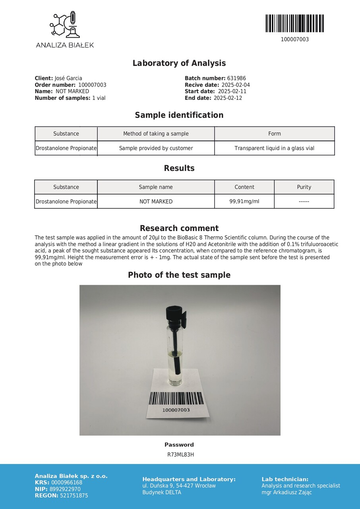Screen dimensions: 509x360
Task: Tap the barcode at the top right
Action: (x=294, y=23)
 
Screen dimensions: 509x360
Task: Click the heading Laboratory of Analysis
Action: (x=179, y=63)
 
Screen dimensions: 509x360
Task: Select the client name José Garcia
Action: (x=68, y=78)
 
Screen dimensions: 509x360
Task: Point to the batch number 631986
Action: (x=236, y=78)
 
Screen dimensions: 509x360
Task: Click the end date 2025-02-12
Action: (x=228, y=98)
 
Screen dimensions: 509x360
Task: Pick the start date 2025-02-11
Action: (x=232, y=91)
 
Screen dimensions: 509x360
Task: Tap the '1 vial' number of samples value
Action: (x=99, y=98)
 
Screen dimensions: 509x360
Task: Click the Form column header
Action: (x=275, y=134)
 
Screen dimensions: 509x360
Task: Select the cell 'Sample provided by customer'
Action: (x=156, y=148)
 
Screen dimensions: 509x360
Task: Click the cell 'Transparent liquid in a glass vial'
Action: (x=274, y=148)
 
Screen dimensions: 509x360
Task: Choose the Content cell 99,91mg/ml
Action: (x=244, y=201)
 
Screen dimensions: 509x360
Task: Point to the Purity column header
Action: (x=304, y=187)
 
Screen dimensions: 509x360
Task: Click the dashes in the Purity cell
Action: (x=304, y=202)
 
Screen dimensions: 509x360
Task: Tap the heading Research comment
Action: (x=179, y=228)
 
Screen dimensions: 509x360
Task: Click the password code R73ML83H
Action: (x=180, y=455)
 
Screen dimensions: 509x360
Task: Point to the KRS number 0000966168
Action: (x=67, y=483)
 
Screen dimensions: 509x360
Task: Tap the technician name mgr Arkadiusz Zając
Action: (x=286, y=492)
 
